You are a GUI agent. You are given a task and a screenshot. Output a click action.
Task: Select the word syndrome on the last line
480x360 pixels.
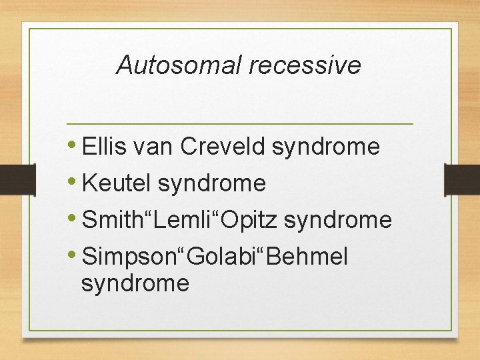click(x=135, y=284)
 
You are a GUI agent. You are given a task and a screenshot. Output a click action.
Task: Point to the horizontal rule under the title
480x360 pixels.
click(x=240, y=124)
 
